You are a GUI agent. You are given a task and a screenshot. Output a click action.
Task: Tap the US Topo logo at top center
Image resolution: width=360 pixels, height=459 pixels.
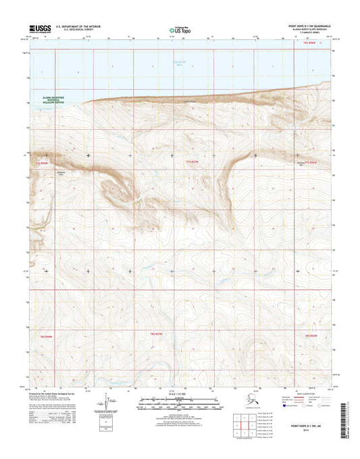(x=179, y=29)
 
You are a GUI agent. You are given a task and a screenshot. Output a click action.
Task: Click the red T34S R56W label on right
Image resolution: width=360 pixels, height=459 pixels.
(x=311, y=335)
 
